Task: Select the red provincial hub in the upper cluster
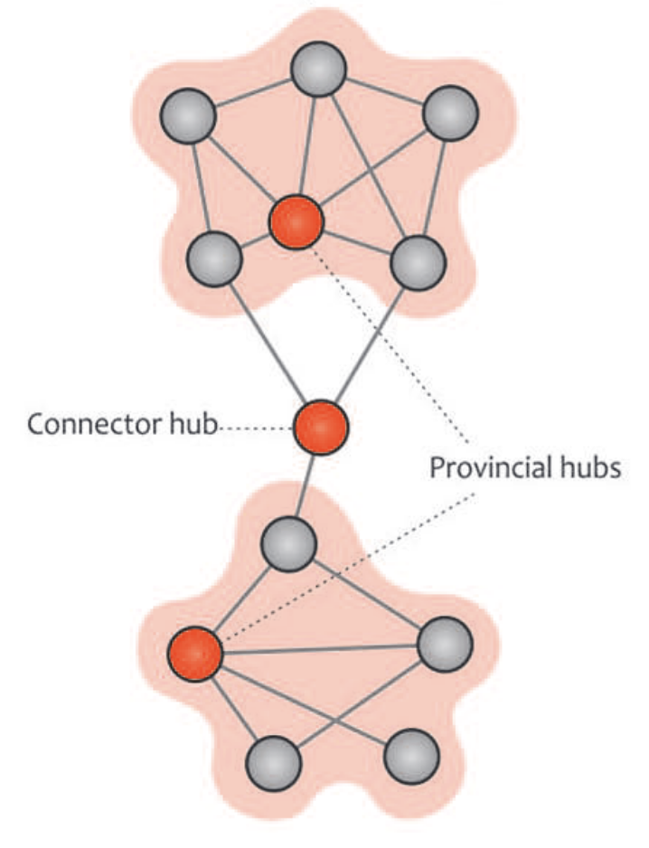tap(296, 221)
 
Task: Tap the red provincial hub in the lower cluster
tap(195, 653)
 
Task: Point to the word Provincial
tap(486, 468)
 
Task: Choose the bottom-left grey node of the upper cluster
tap(215, 258)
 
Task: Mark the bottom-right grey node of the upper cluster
tap(419, 262)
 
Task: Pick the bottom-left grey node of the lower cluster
tap(275, 761)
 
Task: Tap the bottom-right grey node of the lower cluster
tap(412, 755)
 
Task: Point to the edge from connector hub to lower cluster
tap(306, 485)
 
